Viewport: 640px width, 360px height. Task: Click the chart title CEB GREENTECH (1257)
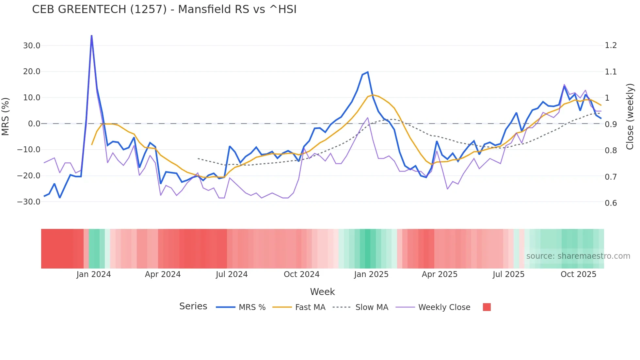click(164, 9)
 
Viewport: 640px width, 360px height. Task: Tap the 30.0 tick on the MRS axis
click(32, 46)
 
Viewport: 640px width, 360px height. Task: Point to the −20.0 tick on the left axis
click(29, 176)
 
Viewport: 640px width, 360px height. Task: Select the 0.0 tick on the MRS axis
click(34, 124)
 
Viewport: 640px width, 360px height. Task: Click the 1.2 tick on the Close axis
click(611, 46)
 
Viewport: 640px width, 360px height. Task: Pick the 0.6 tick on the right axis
click(611, 203)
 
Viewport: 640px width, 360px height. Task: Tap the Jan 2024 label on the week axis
click(94, 274)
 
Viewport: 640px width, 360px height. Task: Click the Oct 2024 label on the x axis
click(301, 274)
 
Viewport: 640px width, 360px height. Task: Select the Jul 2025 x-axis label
click(508, 274)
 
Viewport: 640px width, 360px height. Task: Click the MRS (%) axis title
click(6, 117)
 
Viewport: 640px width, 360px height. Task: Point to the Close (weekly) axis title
click(630, 117)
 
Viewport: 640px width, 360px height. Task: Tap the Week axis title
click(322, 292)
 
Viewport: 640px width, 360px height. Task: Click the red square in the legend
click(487, 307)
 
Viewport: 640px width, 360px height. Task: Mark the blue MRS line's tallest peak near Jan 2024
click(91, 36)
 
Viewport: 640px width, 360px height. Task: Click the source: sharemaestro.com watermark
click(578, 256)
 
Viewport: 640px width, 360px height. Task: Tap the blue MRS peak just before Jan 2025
click(368, 72)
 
